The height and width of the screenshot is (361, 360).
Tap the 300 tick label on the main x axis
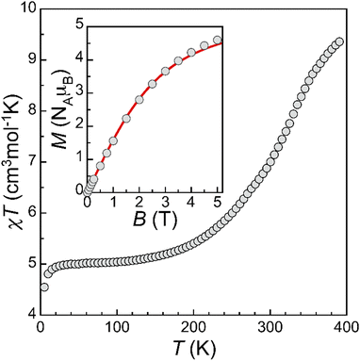(x=269, y=327)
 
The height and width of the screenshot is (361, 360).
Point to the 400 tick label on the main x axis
(x=345, y=327)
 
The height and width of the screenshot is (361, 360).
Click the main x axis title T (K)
(x=192, y=348)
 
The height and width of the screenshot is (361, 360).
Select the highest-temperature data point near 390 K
(x=339, y=42)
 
